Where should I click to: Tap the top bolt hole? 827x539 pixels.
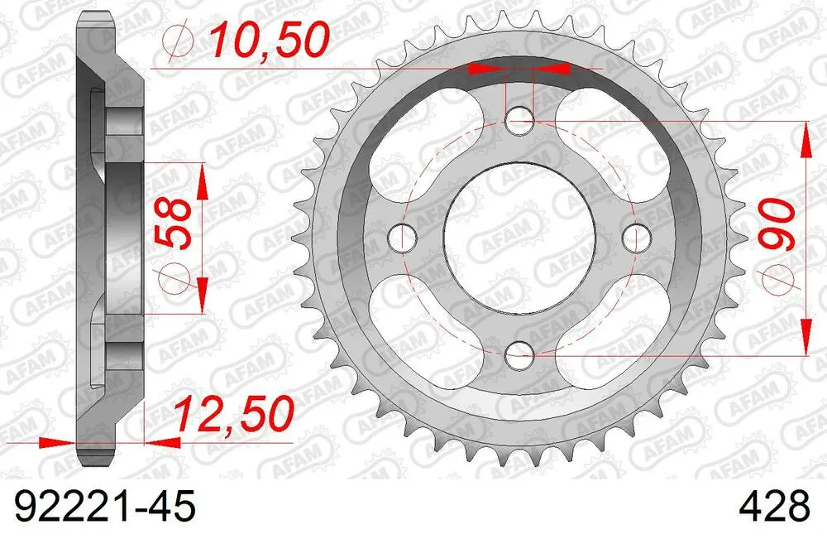[519, 122]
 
